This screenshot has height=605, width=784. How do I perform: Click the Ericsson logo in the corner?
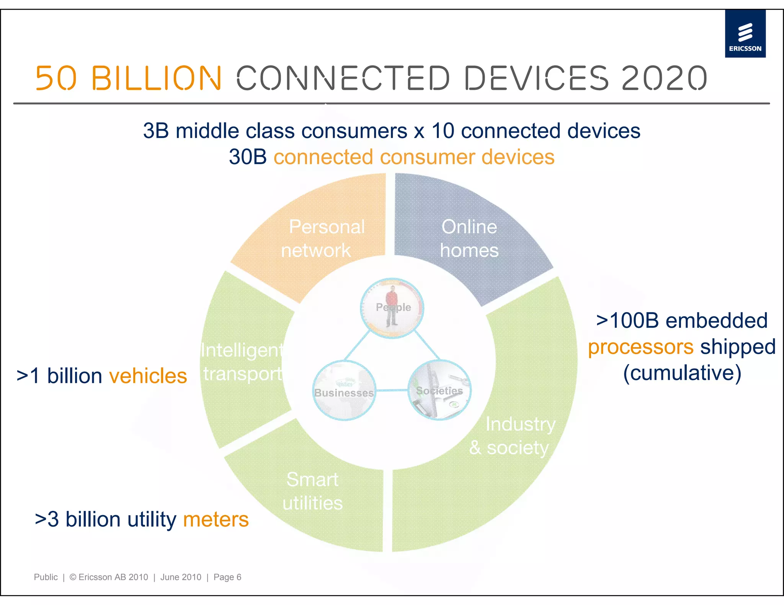pos(745,34)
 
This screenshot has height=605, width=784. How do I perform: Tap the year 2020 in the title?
pos(664,78)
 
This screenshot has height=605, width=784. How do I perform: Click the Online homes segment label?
pos(469,239)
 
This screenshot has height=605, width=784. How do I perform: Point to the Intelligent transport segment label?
pos(243,362)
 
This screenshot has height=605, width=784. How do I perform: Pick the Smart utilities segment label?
pos(312,491)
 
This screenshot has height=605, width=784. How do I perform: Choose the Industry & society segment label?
pos(513,436)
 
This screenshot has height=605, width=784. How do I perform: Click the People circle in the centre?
pos(392,308)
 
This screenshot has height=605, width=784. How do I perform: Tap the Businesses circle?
pos(344,390)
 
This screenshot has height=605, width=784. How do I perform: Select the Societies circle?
pos(439,390)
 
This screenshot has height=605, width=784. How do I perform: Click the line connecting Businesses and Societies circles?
pos(392,390)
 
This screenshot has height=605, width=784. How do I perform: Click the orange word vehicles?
pos(148,376)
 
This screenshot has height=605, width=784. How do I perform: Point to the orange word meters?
pos(216,519)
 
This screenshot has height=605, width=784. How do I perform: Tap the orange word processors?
pos(640,347)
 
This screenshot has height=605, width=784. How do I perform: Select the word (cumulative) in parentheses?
pos(682,373)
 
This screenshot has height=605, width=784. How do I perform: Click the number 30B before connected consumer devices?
pos(248,157)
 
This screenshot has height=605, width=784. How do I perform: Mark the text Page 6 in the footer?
pos(227,577)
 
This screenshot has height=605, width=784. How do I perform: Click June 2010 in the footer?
pos(181,577)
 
